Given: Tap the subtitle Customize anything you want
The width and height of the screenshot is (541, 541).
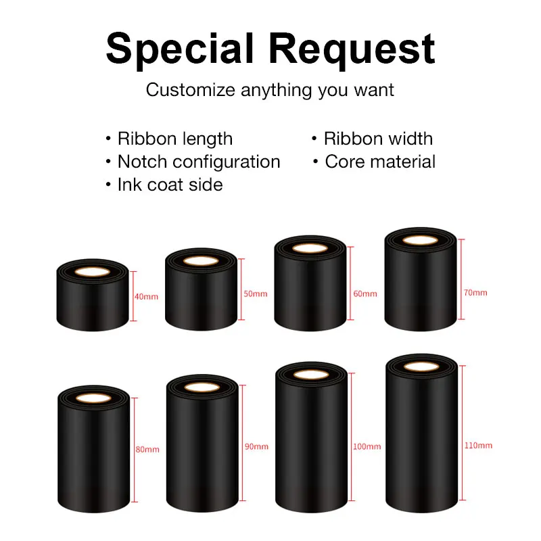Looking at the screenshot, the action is tap(270, 89).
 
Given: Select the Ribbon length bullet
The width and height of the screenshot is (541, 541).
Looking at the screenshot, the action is tap(174, 139).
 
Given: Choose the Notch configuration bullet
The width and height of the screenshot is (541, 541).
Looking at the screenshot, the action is tap(198, 162).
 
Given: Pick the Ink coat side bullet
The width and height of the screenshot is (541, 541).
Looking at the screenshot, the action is tap(170, 184).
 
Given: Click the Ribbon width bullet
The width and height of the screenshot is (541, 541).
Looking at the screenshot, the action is tap(378, 139).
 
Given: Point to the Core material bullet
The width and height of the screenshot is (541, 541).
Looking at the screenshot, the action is tap(380, 162).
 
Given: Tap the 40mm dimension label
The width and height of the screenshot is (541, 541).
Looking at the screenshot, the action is tap(147, 296).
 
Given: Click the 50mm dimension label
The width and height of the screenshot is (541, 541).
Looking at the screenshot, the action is tap(255, 294).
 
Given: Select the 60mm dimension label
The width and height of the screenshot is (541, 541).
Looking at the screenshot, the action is tap(365, 294).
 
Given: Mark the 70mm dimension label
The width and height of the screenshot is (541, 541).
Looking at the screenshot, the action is tap(475, 293).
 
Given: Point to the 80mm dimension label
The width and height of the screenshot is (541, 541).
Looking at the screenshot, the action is tap(147, 450).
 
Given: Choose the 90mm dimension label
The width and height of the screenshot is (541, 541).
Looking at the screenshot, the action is tap(256, 447).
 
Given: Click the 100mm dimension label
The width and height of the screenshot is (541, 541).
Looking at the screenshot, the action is tap(367, 447).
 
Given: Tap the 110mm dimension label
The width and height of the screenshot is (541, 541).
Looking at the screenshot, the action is tap(478, 446).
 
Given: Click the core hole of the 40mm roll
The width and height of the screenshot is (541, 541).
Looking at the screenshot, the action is tap(92, 272).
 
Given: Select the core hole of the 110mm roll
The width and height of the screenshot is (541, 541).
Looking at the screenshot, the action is tap(421, 367).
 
